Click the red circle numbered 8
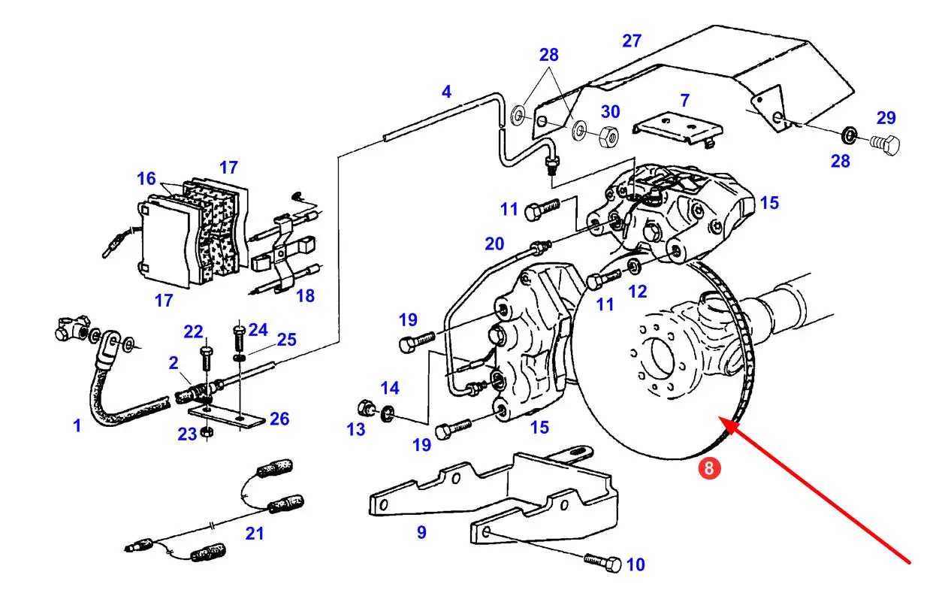pos(711,468)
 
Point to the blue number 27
pos(632,41)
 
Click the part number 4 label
pos(447,92)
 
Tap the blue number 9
pos(421,532)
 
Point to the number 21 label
pos(255,534)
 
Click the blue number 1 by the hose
pos(77,426)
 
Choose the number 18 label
pos(305,295)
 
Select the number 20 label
pos(494,243)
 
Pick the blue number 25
pos(286,340)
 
